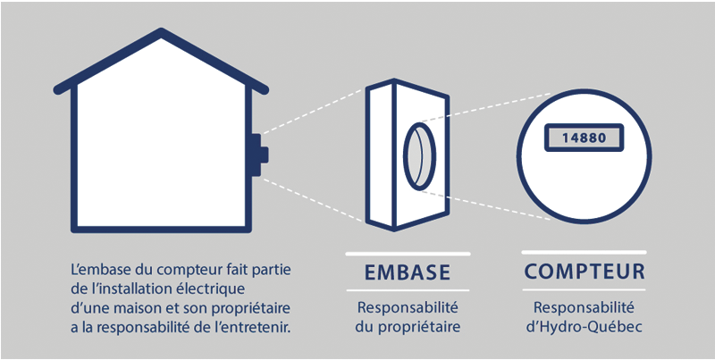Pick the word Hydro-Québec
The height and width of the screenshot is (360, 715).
pos(593,326)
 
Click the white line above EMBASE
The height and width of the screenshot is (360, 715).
pos(408,253)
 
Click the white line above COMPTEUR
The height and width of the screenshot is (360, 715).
pos(584,253)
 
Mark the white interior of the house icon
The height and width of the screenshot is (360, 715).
pos(161,152)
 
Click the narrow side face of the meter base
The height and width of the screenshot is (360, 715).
pos(378,152)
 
